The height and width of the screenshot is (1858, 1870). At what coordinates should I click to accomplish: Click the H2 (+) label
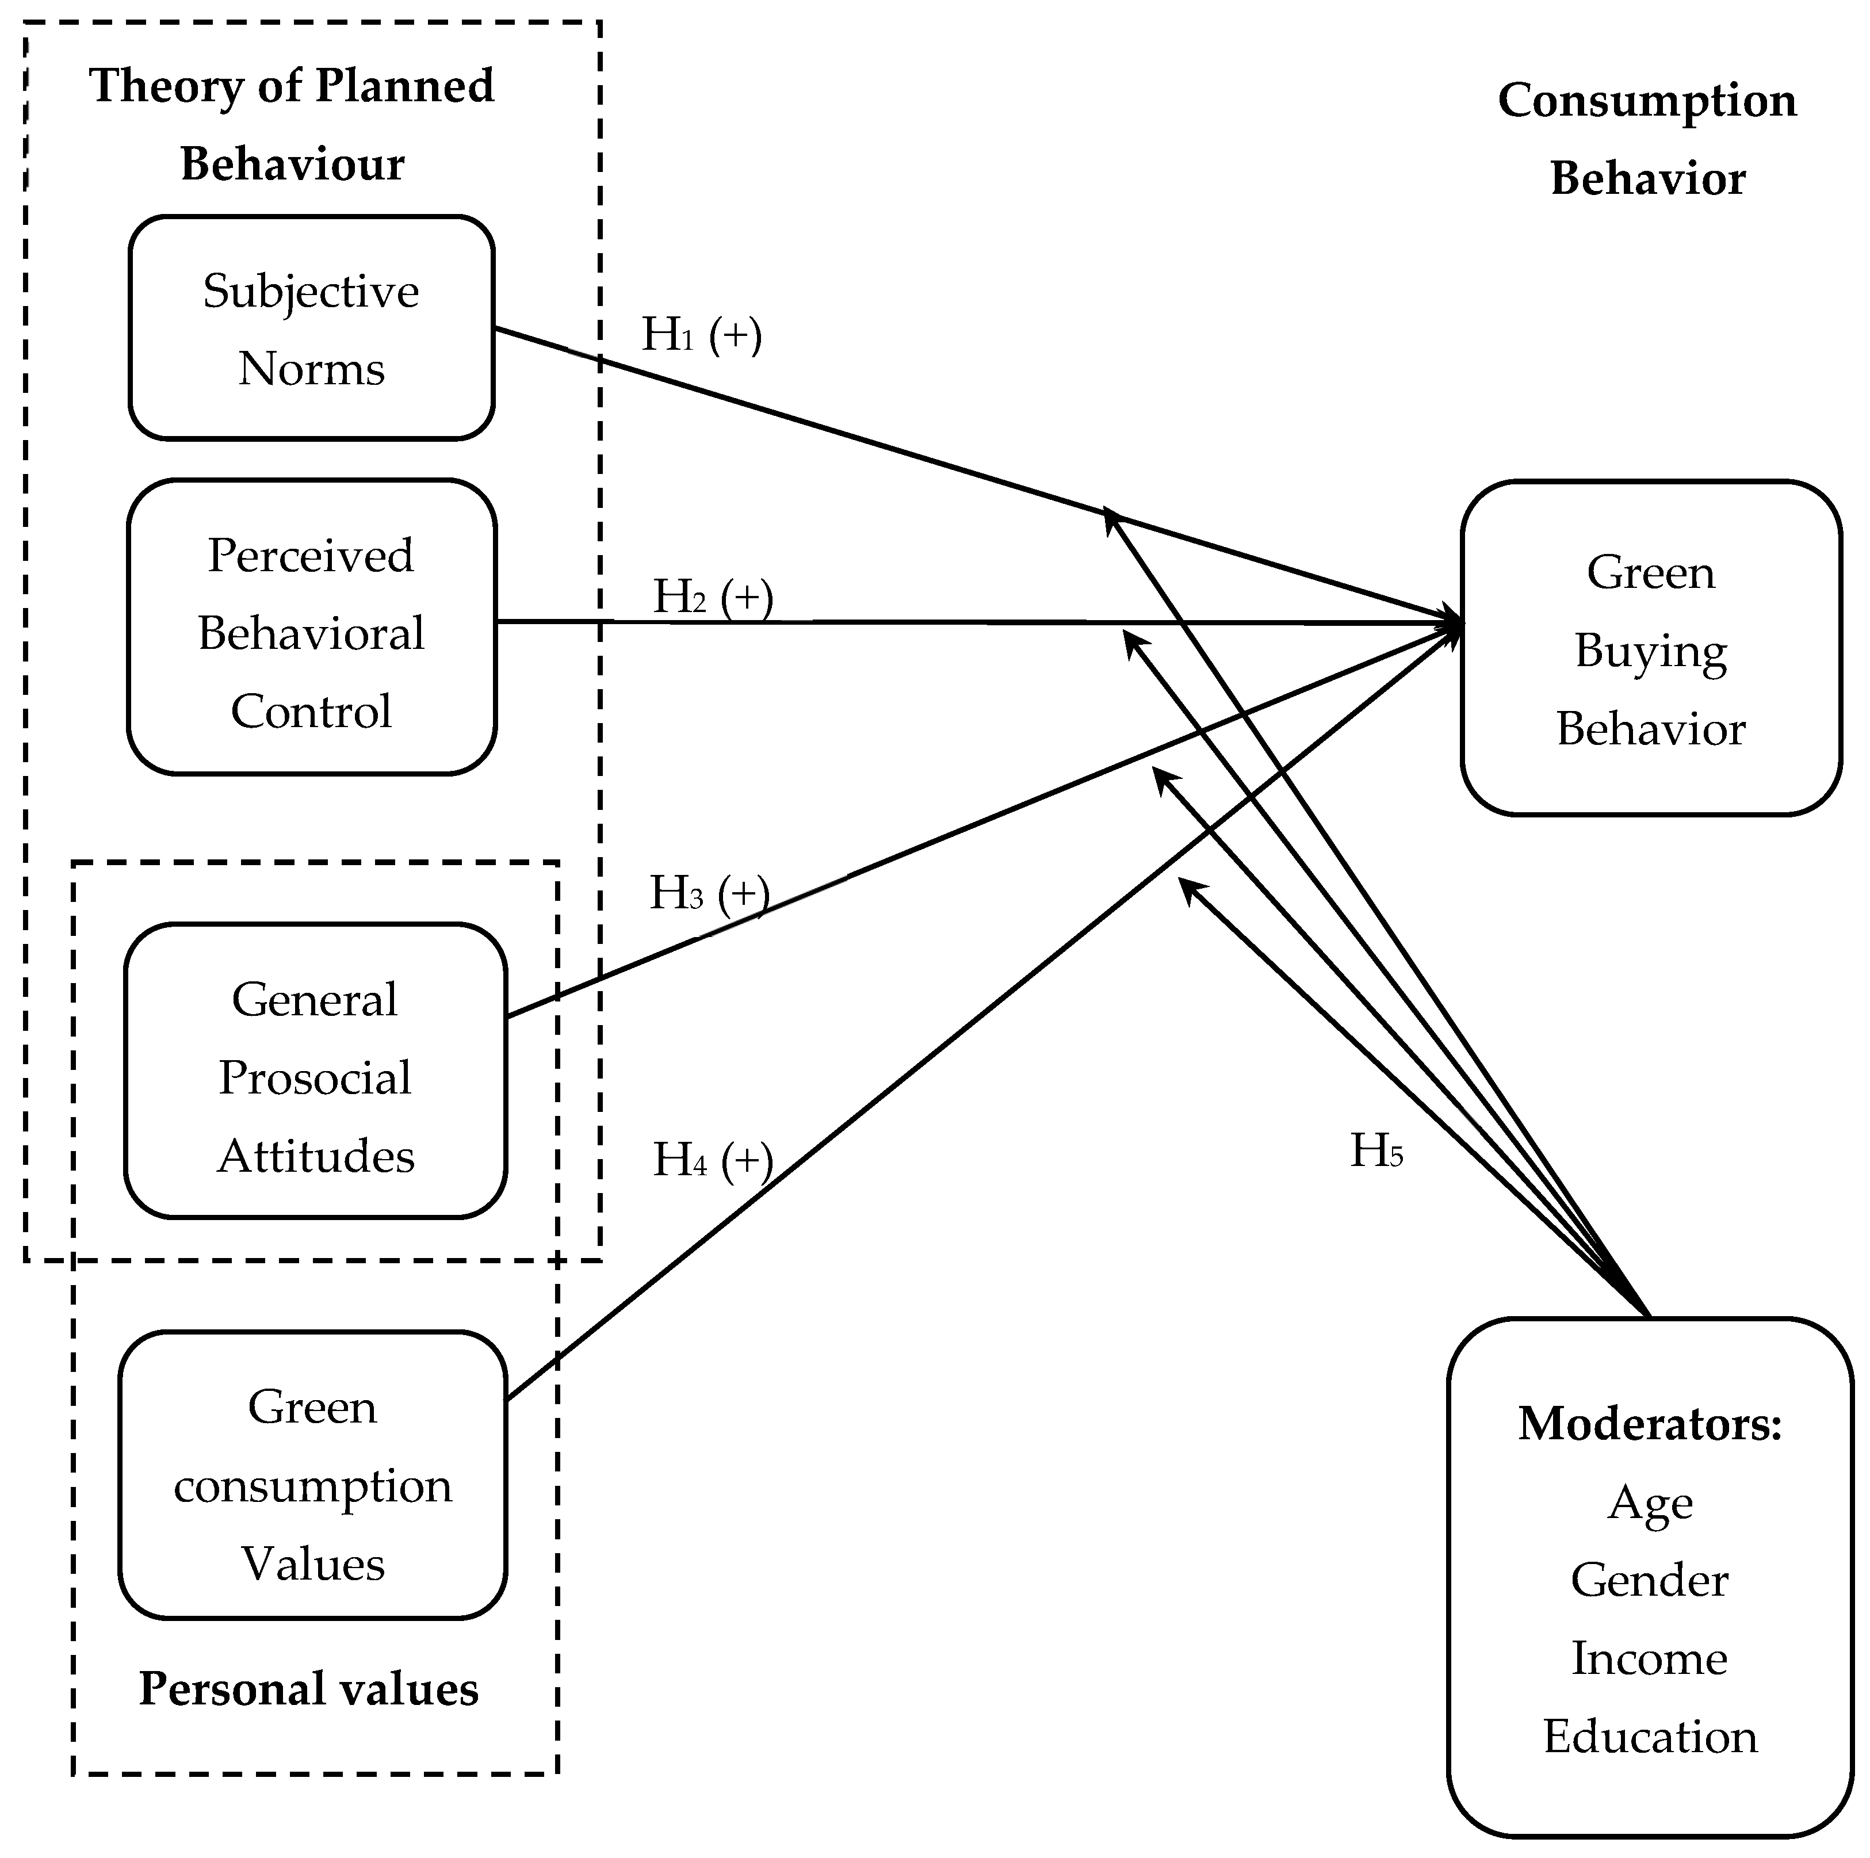click(712, 597)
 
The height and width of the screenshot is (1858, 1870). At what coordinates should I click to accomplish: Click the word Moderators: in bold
click(1649, 1424)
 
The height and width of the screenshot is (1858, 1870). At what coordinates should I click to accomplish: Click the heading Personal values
click(309, 1689)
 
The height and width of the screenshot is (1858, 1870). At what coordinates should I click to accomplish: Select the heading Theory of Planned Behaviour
click(292, 124)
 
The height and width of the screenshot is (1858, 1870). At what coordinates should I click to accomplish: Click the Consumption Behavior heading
click(1647, 139)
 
